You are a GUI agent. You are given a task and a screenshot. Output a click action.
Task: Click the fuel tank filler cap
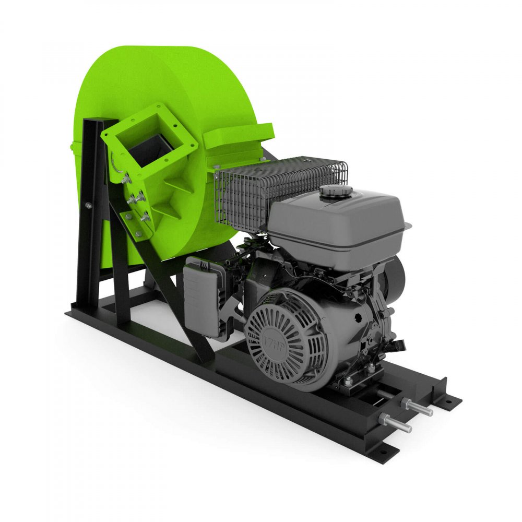coord(336,193)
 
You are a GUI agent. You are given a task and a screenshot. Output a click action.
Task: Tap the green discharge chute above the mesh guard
coord(238,136)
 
